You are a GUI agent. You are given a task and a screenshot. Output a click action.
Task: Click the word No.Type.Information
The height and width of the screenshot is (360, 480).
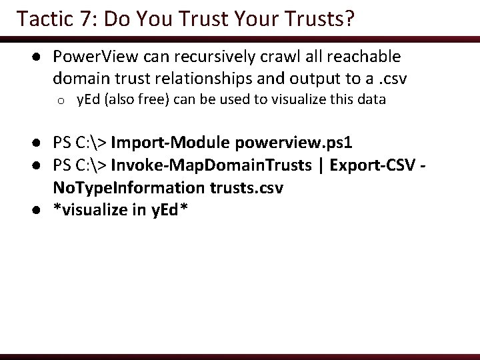(118, 188)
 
